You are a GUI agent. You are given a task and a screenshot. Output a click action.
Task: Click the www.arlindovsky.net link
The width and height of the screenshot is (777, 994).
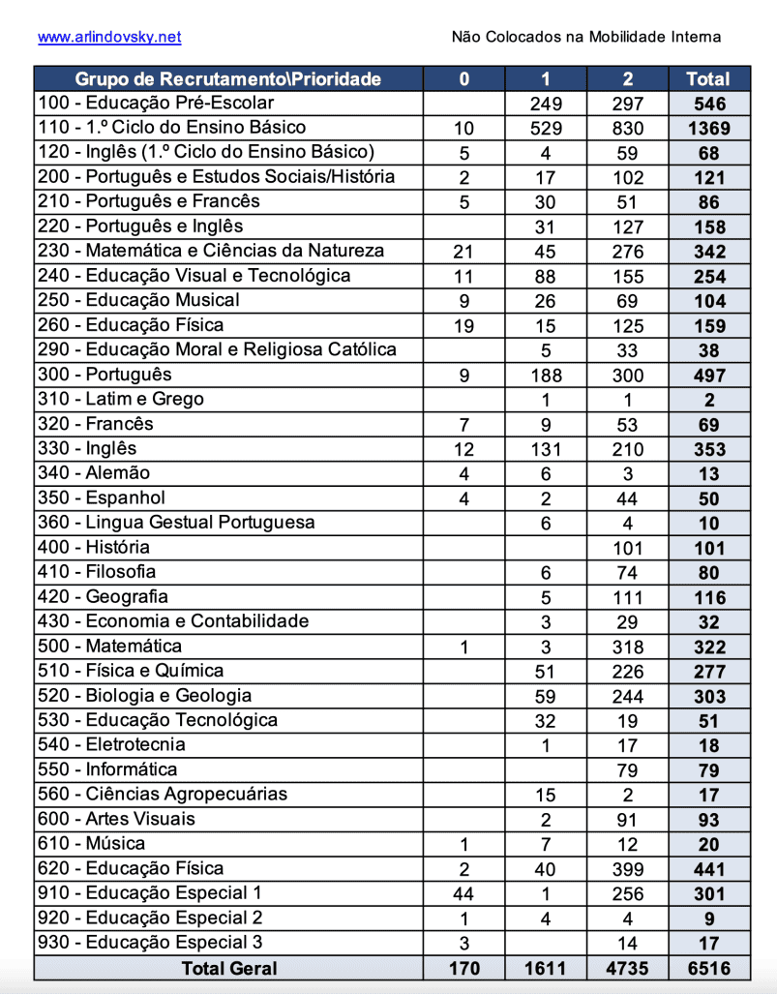tap(109, 37)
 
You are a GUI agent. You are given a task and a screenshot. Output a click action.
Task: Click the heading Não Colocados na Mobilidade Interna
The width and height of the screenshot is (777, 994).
tap(585, 37)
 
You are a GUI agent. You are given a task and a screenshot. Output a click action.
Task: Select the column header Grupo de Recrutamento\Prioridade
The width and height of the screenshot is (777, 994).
tap(228, 79)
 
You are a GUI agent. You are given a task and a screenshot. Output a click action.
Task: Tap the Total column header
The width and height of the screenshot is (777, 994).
tap(707, 79)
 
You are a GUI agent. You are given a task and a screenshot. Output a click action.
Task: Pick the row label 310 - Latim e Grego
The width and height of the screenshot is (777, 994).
tap(120, 399)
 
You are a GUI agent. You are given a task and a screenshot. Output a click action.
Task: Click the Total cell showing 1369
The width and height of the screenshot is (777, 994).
tap(707, 128)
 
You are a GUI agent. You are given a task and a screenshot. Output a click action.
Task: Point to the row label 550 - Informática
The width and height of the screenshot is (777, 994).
tap(107, 769)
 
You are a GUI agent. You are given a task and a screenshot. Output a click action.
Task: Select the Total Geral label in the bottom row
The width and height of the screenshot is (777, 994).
tap(228, 968)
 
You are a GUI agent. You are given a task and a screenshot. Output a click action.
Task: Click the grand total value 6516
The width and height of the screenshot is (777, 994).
tap(707, 968)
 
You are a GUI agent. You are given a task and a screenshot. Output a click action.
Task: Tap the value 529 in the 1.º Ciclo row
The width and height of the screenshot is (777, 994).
tap(546, 128)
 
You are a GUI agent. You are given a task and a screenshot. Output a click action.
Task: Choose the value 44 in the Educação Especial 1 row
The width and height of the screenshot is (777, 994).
tap(463, 893)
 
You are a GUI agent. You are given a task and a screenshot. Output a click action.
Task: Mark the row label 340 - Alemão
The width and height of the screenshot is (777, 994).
tap(94, 473)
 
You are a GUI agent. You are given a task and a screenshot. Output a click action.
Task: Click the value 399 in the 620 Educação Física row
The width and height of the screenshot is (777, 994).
tap(627, 869)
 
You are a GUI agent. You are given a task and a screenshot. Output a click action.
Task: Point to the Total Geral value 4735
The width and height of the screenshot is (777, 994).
tap(627, 968)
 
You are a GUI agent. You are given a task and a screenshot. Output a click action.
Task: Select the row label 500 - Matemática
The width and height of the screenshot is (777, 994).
tap(109, 647)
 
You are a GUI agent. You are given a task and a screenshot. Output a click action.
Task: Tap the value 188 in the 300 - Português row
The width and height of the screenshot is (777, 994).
tap(546, 375)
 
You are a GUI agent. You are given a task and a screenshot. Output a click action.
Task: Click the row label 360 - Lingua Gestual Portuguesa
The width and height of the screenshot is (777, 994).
tap(176, 523)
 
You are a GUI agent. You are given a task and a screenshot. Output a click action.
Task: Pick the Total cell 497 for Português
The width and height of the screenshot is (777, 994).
tap(707, 375)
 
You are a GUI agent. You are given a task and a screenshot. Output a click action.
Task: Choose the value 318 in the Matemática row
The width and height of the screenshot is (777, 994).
tap(627, 647)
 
